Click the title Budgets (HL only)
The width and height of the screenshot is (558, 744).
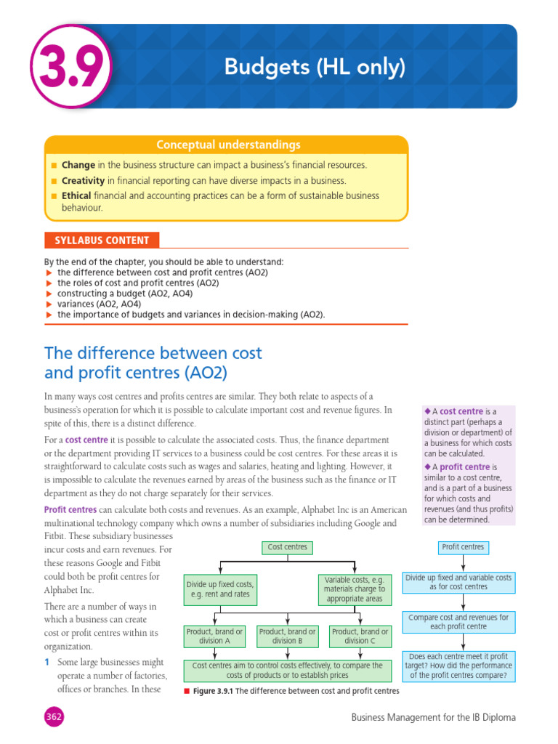click(314, 68)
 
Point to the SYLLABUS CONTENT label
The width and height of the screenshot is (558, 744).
click(102, 240)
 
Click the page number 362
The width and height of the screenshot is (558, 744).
click(53, 717)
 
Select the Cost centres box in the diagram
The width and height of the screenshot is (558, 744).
click(288, 547)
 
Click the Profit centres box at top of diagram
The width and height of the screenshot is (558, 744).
click(463, 547)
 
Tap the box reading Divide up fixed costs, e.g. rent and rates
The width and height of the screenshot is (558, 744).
click(220, 589)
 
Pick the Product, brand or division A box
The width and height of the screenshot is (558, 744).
click(215, 636)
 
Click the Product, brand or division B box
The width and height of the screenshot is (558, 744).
click(288, 636)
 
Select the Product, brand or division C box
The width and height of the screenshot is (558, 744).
click(360, 636)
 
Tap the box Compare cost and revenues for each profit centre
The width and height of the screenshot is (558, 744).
click(458, 621)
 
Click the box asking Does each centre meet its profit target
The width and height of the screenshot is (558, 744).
click(458, 666)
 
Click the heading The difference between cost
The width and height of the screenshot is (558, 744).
click(153, 353)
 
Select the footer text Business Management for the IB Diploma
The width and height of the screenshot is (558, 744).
click(433, 717)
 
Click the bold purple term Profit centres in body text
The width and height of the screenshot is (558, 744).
click(70, 510)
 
